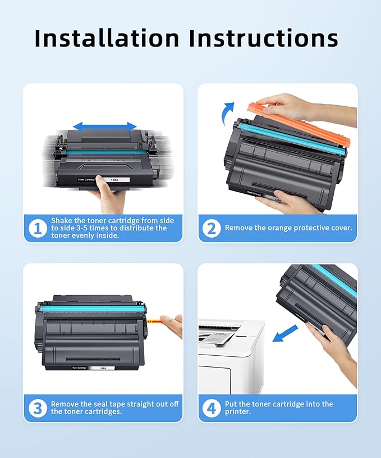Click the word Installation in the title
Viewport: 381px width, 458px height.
106,38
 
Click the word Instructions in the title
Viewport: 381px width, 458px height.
263,38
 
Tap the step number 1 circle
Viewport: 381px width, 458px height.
38,229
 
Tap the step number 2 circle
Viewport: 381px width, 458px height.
212,229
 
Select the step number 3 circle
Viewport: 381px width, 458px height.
38,409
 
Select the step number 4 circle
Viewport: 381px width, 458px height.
212,409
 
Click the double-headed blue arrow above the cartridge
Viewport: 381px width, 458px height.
105,126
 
